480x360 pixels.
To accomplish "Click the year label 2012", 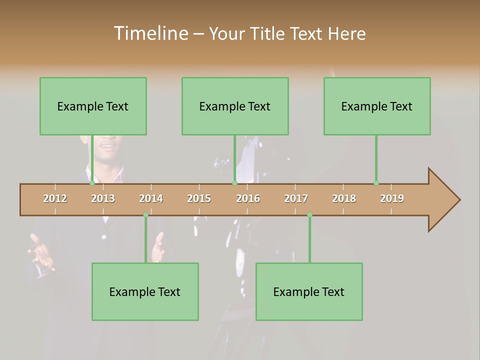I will pos(55,198).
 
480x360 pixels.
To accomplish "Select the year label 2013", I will pos(103,198).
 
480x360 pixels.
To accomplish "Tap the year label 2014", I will pos(151,198).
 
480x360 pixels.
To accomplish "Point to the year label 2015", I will pos(199,198).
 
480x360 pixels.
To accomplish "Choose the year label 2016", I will pos(248,198).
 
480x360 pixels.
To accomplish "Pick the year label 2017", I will pos(296,198).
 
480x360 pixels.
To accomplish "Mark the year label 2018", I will pos(344,198).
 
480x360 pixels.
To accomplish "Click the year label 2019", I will pos(392,198).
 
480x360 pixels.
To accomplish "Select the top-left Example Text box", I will pos(93,106).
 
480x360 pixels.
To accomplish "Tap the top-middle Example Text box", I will pos(235,106).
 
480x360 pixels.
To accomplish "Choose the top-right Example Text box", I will pos(377,106).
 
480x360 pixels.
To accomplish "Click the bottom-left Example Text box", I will pos(145,291).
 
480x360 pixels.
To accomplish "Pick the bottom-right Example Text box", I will pos(309,291).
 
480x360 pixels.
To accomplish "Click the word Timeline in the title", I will pos(150,33).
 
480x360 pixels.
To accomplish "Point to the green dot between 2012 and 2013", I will pos(92,183).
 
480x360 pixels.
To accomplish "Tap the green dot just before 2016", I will pos(234,183).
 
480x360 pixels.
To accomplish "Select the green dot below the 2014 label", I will pos(145,215).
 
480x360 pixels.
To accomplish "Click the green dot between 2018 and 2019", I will pos(376,183).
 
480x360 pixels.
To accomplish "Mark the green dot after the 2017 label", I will pos(309,215).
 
